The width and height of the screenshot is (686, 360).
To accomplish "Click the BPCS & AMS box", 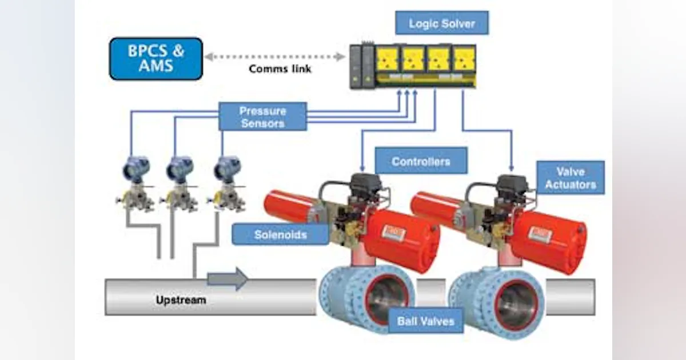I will tap(155, 58).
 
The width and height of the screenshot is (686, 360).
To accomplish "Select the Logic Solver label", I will tap(441, 23).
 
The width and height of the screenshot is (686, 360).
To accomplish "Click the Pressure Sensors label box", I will tap(262, 117).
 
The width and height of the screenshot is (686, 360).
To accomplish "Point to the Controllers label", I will tap(421, 161).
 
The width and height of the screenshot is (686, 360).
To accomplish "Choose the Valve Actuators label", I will tap(570, 178).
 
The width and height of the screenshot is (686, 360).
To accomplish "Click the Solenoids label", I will tap(280, 234).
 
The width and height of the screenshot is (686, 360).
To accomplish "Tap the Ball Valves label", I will tap(425, 321).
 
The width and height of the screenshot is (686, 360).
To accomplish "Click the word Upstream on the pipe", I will tap(181, 299).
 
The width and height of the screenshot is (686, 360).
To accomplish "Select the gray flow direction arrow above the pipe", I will tap(228, 279).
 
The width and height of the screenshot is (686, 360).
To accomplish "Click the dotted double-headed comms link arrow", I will tap(274, 57).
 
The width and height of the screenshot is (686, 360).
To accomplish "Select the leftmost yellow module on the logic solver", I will tap(387, 59).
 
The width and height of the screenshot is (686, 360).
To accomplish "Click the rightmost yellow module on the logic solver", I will tap(464, 59).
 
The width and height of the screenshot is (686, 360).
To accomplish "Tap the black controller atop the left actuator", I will tap(365, 184).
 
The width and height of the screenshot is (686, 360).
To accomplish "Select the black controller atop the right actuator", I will tap(512, 185).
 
